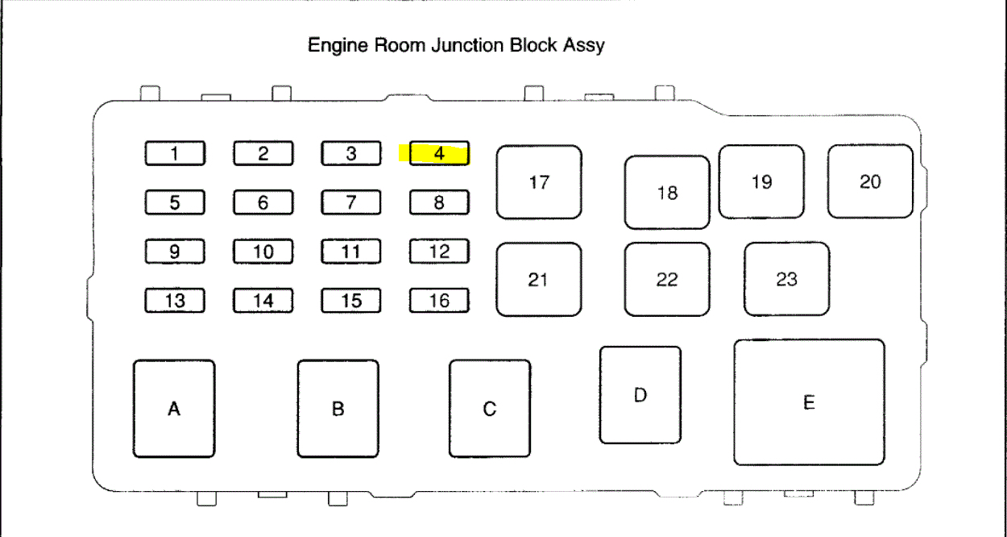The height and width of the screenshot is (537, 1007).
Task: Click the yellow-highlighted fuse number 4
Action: [x=439, y=153]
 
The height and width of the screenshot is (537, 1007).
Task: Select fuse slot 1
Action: [x=175, y=153]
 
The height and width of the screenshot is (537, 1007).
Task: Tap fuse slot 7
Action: [x=350, y=202]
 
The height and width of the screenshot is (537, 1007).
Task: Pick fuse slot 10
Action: [x=263, y=252]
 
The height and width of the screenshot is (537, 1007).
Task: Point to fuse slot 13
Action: [x=175, y=301]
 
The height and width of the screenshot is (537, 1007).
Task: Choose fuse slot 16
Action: [x=439, y=301]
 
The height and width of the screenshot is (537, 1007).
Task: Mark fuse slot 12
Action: [x=439, y=252]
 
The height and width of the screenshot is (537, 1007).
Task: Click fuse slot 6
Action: [x=263, y=202]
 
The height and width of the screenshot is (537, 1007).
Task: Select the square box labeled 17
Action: [x=539, y=182]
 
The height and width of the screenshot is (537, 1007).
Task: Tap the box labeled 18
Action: [x=667, y=193]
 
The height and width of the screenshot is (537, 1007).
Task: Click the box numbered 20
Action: [x=870, y=181]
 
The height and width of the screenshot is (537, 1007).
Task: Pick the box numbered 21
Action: [x=538, y=279]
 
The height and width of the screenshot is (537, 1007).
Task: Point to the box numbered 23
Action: [x=786, y=279]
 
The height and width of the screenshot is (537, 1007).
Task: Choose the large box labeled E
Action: [x=809, y=402]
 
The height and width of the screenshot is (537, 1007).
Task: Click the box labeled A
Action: [x=174, y=409]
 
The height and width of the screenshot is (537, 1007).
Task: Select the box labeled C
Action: [x=490, y=409]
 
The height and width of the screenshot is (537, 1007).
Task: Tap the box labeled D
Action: [x=640, y=395]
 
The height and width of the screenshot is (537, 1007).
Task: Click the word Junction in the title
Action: [x=468, y=45]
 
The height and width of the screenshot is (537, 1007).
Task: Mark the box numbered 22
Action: [x=667, y=279]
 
